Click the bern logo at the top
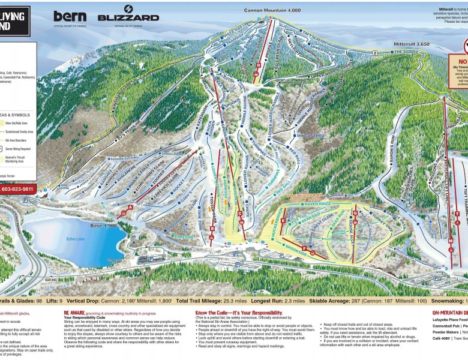70,16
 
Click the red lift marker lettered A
130,207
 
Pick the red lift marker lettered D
257,74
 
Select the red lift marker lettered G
355,212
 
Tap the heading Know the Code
238,313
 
